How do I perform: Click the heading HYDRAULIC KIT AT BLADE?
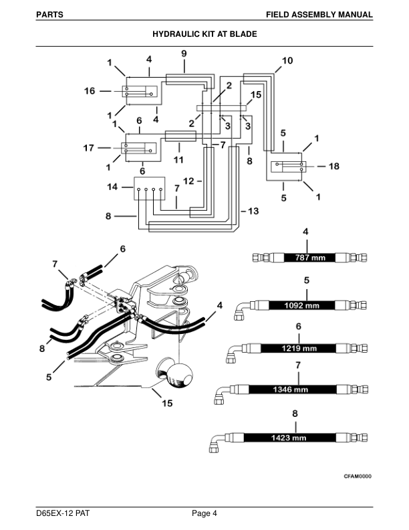click(x=204, y=33)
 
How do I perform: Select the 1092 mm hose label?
click(x=302, y=305)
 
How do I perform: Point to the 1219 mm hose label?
click(x=300, y=349)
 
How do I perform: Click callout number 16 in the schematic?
click(x=89, y=92)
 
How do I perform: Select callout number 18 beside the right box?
click(x=335, y=166)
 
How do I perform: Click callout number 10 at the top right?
click(x=287, y=60)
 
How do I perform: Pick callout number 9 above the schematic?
click(x=184, y=53)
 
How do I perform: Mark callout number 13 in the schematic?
click(x=253, y=211)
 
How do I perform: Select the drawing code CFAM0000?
click(x=358, y=476)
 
